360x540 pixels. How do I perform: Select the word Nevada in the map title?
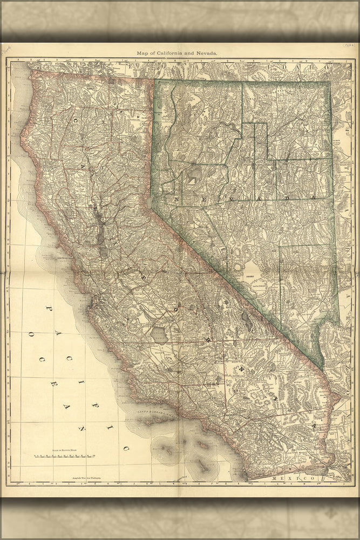coord(208,53)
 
